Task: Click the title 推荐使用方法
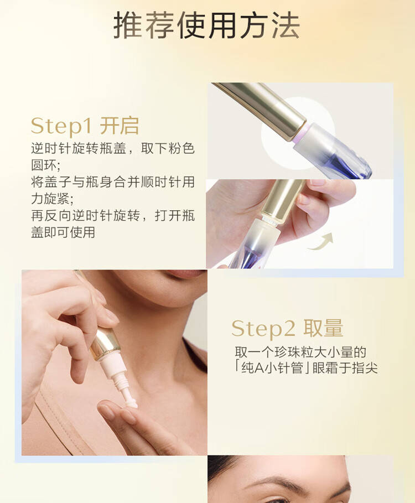tap(207, 25)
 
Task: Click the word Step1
tap(61, 126)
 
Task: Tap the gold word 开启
tap(120, 126)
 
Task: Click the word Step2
tap(263, 329)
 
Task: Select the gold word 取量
tap(323, 328)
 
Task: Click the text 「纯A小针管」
tap(272, 368)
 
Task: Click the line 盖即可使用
tap(63, 232)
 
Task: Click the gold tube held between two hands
tap(282, 201)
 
